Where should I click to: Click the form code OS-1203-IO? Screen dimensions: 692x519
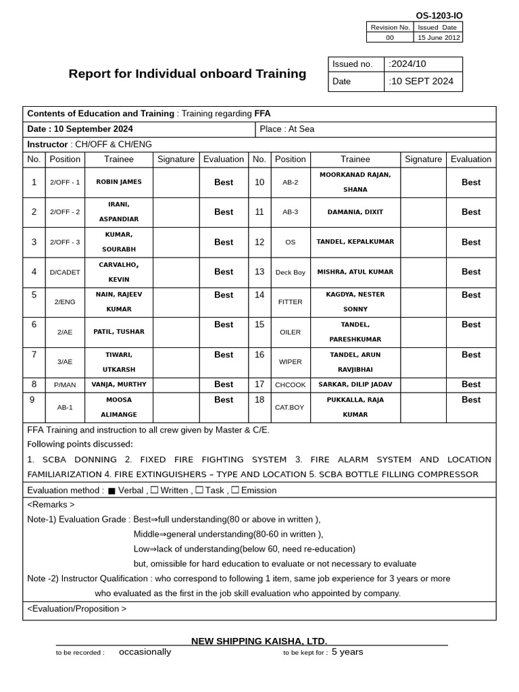[439, 16]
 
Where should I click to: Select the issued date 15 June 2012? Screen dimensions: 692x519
[438, 38]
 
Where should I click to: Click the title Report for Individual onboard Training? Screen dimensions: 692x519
[187, 74]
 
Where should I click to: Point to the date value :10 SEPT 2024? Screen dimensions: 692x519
[421, 82]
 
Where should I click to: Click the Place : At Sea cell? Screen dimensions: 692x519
[287, 129]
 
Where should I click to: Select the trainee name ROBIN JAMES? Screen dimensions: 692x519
[119, 182]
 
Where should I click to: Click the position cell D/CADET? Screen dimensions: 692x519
[65, 272]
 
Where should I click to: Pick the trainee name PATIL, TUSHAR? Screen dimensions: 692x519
[119, 332]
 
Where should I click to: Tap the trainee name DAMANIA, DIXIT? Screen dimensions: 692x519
[355, 212]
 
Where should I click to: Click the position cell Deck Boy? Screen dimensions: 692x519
[290, 272]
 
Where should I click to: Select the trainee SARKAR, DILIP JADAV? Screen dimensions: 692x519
[355, 385]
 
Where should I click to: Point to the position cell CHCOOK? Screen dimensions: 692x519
[290, 385]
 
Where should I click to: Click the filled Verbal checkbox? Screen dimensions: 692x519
[112, 491]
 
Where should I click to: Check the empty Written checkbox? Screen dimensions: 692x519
[155, 490]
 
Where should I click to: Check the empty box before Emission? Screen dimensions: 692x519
[235, 490]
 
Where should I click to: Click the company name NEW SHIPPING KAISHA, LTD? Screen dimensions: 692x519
[259, 641]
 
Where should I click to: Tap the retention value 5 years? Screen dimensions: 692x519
[347, 652]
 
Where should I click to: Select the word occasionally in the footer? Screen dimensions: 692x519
[145, 652]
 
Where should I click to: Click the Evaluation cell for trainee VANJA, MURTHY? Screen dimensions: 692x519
[224, 385]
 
